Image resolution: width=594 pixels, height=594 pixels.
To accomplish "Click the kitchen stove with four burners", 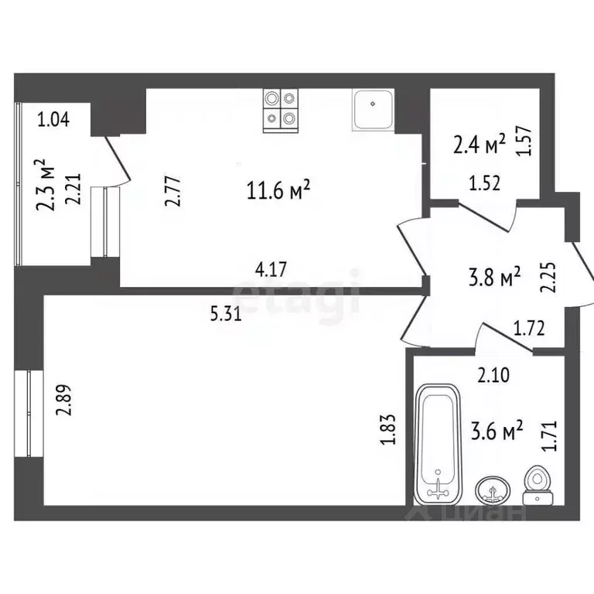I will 280,108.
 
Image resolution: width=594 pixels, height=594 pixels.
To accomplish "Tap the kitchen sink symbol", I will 374,109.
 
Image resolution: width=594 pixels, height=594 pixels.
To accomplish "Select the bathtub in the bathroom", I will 439,444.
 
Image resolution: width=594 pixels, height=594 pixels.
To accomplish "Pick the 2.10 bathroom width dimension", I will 493,377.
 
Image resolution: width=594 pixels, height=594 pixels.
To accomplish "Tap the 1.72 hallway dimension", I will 530,328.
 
